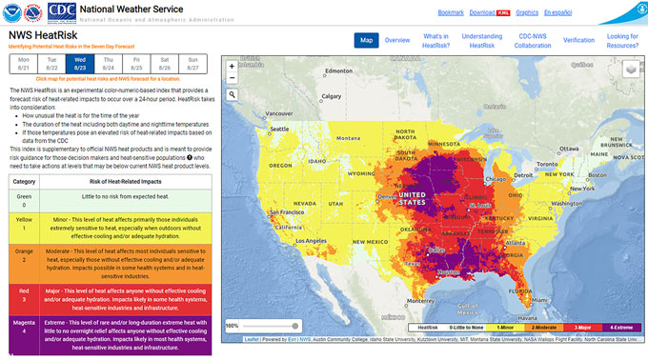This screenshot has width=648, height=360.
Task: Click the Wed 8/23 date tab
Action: (x=80, y=65)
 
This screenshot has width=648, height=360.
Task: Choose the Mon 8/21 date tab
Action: (x=23, y=65)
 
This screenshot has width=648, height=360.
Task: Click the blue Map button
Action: (x=366, y=40)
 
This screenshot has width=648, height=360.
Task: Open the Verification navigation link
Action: (x=578, y=40)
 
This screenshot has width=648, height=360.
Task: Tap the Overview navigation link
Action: (x=397, y=40)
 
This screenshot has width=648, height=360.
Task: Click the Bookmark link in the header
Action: (x=451, y=13)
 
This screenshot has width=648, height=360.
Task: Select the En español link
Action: (x=557, y=13)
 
